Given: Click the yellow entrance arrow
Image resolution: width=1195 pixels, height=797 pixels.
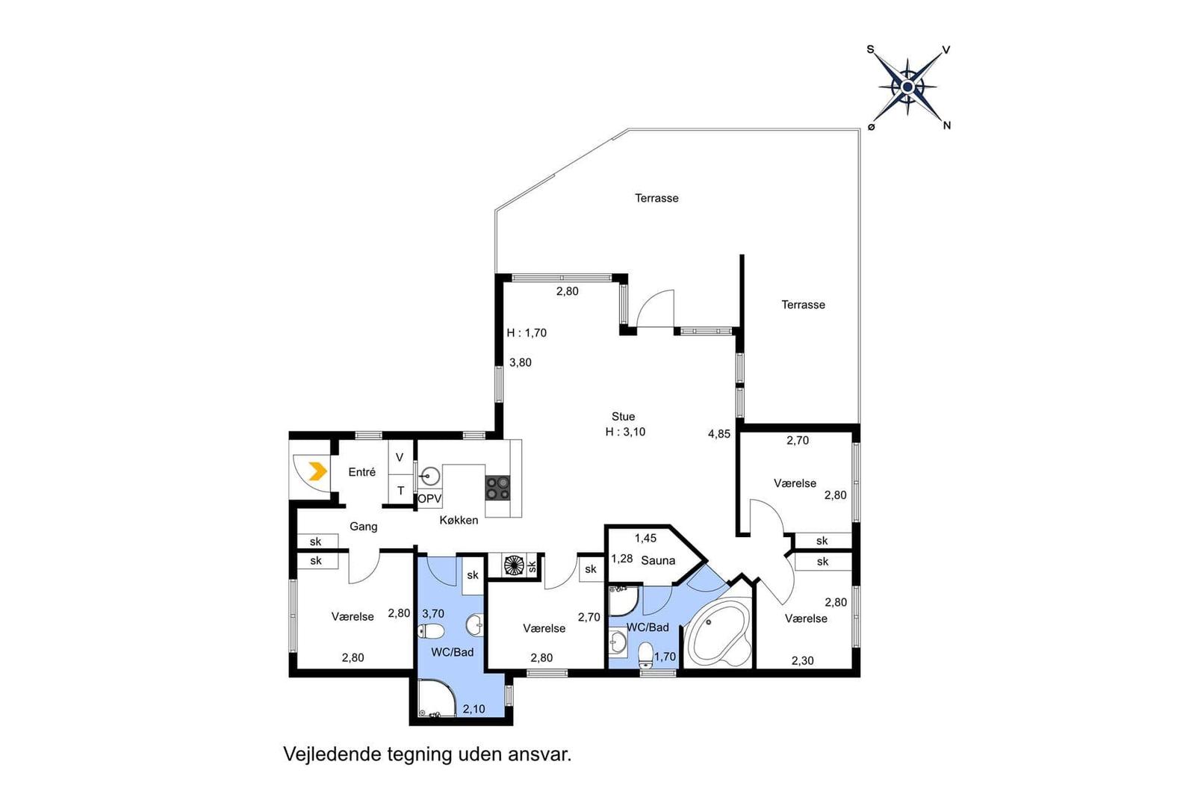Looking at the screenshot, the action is pyautogui.click(x=318, y=471).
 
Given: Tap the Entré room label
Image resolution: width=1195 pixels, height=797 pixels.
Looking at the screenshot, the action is pyautogui.click(x=361, y=472).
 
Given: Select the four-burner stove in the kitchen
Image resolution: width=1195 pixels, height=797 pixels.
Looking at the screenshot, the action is pyautogui.click(x=497, y=488).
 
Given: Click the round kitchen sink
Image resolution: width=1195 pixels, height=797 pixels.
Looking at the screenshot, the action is pyautogui.click(x=429, y=476).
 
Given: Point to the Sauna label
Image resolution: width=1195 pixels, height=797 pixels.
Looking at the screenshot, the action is pyautogui.click(x=658, y=561).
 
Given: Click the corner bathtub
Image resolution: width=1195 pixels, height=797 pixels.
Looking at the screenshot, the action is pyautogui.click(x=717, y=632).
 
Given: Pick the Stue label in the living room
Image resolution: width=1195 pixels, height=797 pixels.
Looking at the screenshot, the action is pyautogui.click(x=623, y=417).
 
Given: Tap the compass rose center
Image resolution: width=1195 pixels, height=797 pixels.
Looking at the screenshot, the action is pyautogui.click(x=907, y=87).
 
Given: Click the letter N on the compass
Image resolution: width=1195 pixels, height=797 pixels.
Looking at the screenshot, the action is pyautogui.click(x=947, y=126).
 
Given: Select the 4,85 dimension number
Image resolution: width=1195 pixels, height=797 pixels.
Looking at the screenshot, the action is pyautogui.click(x=719, y=434).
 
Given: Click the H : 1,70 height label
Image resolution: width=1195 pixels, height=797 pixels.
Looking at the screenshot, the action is pyautogui.click(x=527, y=333).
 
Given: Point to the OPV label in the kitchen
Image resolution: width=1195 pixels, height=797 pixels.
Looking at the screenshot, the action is pyautogui.click(x=429, y=499).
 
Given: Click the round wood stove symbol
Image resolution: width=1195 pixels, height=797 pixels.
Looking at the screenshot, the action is pyautogui.click(x=514, y=565).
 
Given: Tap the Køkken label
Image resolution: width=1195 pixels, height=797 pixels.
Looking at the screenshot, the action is pyautogui.click(x=459, y=520).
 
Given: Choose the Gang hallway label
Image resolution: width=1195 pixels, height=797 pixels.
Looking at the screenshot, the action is pyautogui.click(x=363, y=527).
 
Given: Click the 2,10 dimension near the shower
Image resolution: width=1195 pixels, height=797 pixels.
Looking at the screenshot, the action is pyautogui.click(x=474, y=709).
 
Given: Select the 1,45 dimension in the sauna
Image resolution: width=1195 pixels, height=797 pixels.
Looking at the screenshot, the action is pyautogui.click(x=645, y=539).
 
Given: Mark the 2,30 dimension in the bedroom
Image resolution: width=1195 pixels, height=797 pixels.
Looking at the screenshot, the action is pyautogui.click(x=802, y=661).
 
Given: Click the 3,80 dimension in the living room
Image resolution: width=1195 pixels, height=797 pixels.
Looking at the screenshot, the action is pyautogui.click(x=520, y=363).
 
